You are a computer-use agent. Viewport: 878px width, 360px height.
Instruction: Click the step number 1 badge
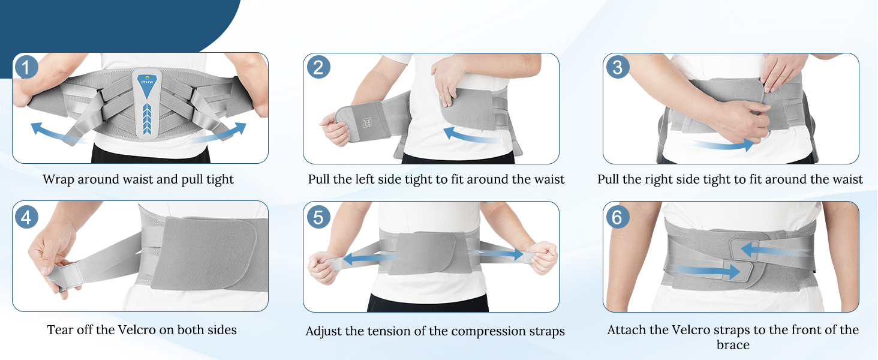point(26,67)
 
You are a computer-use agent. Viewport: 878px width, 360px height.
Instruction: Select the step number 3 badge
point(618,67)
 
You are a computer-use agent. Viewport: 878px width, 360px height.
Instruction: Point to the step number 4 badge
point(26,217)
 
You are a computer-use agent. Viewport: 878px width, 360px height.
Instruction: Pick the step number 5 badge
point(318,217)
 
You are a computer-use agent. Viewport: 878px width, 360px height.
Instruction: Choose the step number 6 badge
point(618,217)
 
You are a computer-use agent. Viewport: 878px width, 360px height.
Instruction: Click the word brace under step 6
point(733,345)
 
